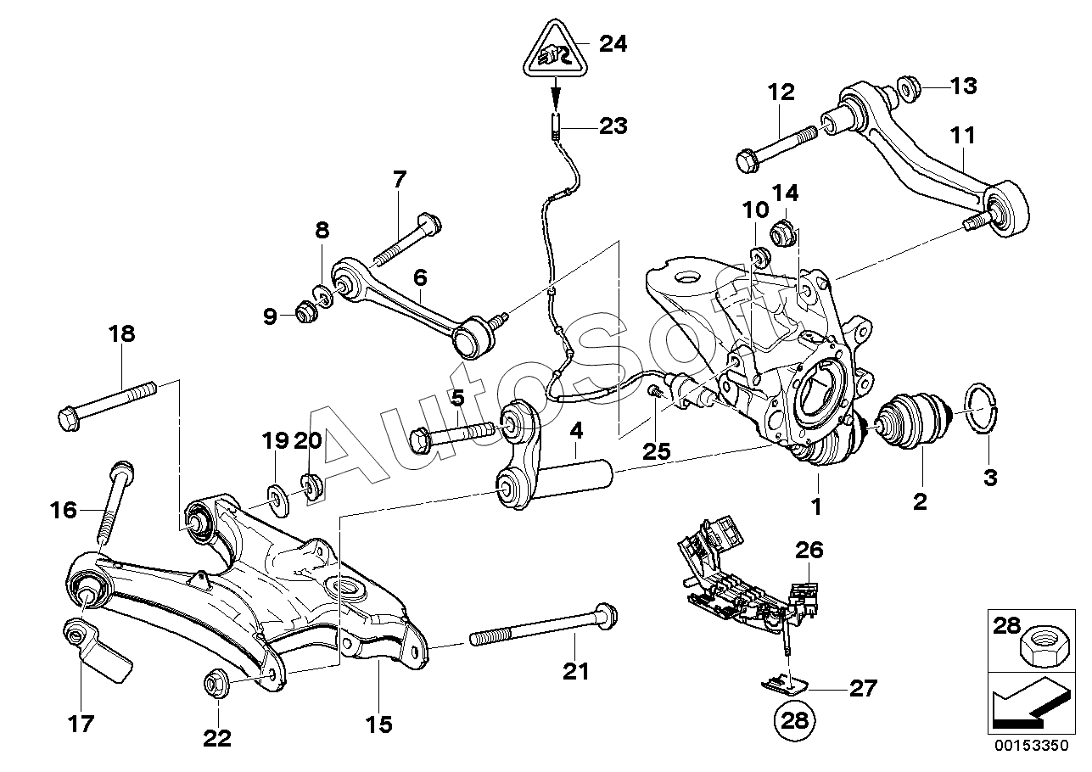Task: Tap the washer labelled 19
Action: [x=277, y=494]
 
